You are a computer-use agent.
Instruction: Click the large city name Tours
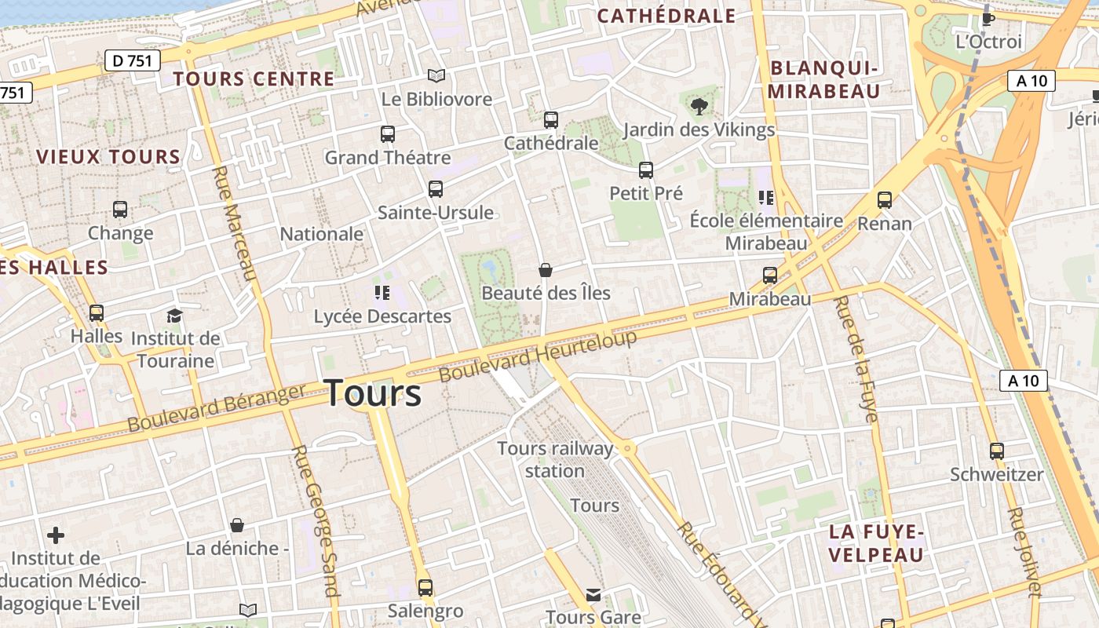373,392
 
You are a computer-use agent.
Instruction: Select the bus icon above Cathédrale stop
551,120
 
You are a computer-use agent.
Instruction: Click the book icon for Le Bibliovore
436,76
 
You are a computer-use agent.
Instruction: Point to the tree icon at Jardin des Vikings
699,107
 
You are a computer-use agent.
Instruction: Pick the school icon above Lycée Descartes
382,294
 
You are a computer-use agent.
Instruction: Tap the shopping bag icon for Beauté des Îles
546,270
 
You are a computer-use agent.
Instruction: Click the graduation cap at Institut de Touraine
174,316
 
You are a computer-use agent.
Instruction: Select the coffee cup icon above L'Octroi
988,18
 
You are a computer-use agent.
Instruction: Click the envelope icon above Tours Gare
593,595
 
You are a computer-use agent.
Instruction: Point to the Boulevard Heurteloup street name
538,356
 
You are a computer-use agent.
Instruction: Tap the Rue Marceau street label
235,223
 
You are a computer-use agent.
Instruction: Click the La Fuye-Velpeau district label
876,543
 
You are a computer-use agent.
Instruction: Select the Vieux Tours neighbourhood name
108,157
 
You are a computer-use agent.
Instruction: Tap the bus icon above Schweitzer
997,451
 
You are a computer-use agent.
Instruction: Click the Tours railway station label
555,459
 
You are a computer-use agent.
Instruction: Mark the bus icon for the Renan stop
885,200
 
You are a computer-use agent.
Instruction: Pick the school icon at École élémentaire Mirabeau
765,198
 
